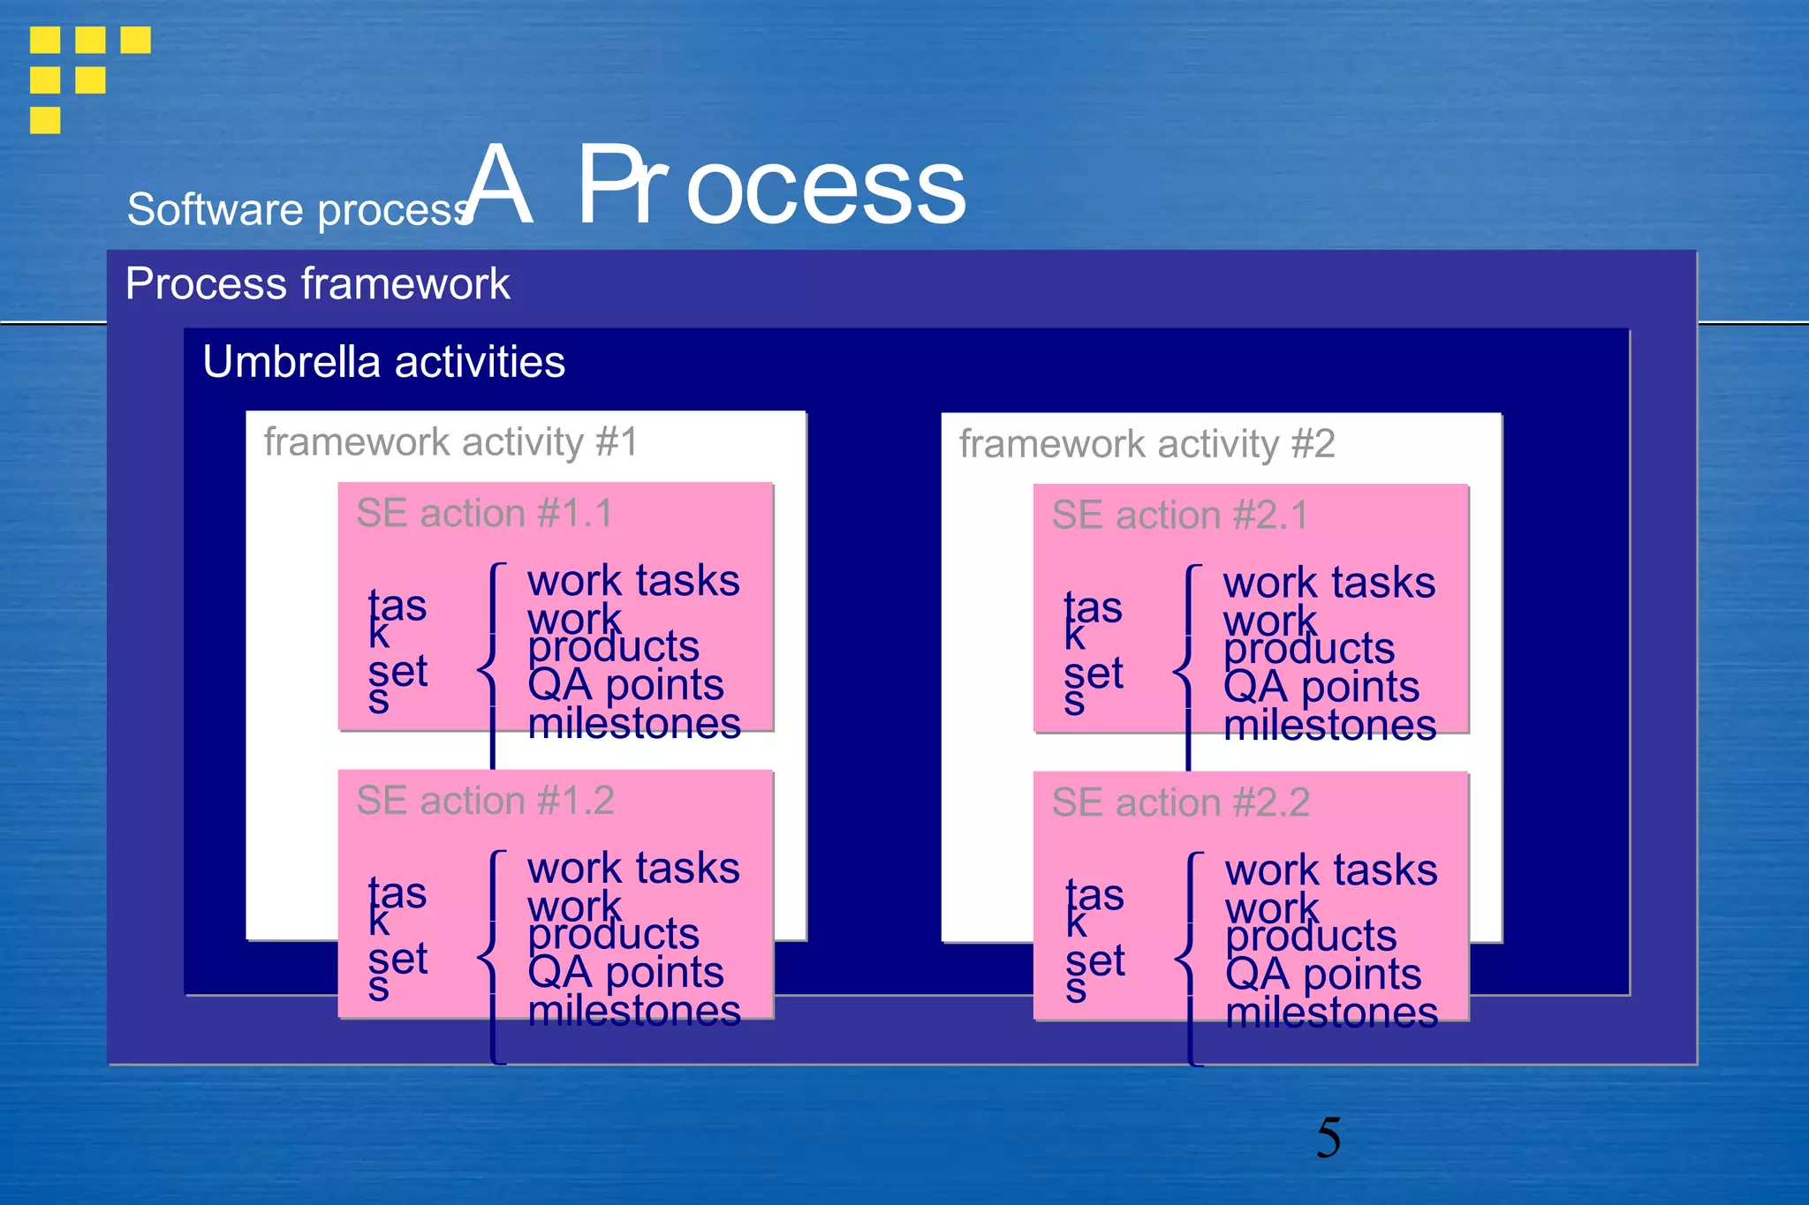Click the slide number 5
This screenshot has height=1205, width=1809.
point(1328,1137)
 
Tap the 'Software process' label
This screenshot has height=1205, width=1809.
point(299,210)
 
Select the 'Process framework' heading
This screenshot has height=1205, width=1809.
point(317,284)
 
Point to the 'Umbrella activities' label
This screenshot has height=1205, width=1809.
point(383,362)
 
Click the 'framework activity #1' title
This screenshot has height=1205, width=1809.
point(450,442)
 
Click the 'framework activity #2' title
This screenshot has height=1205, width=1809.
point(1147,444)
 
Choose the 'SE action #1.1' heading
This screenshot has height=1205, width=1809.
point(484,514)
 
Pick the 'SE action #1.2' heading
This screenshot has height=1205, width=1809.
point(485,801)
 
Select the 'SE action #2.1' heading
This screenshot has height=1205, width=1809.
point(1180,516)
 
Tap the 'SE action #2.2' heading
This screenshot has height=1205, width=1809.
point(1180,803)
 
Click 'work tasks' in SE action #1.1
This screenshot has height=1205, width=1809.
point(633,581)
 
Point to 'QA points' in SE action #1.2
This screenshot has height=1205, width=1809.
point(625,973)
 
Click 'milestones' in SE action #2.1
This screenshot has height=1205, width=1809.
point(1329,726)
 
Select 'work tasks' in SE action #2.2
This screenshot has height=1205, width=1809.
point(1331,870)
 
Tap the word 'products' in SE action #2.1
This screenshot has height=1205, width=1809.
point(1309,650)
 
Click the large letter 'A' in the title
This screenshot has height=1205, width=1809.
point(500,185)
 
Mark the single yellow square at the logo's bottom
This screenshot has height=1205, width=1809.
point(45,120)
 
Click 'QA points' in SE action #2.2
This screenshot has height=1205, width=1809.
point(1323,975)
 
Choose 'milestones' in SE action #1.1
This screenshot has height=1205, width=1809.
point(634,724)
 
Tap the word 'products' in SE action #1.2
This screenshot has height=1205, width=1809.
point(614,935)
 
